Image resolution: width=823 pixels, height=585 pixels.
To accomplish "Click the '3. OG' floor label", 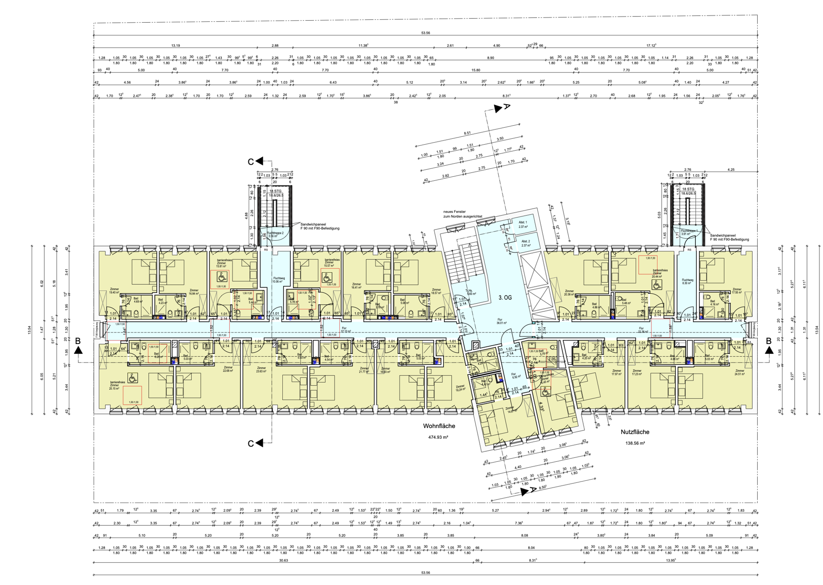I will [505, 297].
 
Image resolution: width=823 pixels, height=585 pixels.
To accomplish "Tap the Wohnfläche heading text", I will [439, 426].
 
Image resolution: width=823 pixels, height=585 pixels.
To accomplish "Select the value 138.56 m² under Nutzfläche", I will [635, 443].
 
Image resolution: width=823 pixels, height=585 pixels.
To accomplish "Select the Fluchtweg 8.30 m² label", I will [687, 281].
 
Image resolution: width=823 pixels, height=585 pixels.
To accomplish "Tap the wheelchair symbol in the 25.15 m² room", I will [132, 378].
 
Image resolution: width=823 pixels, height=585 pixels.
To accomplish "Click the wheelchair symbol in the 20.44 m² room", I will [657, 284].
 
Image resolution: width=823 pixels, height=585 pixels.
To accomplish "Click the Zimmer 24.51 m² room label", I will [739, 372].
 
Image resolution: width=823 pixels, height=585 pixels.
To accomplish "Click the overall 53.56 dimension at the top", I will [425, 33].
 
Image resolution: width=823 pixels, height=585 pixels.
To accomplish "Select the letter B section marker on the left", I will [78, 341].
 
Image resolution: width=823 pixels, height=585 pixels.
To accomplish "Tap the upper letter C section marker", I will [250, 162].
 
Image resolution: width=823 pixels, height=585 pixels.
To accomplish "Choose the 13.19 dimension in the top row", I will [175, 46].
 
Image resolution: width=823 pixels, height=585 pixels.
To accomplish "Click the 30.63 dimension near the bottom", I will [283, 560].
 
